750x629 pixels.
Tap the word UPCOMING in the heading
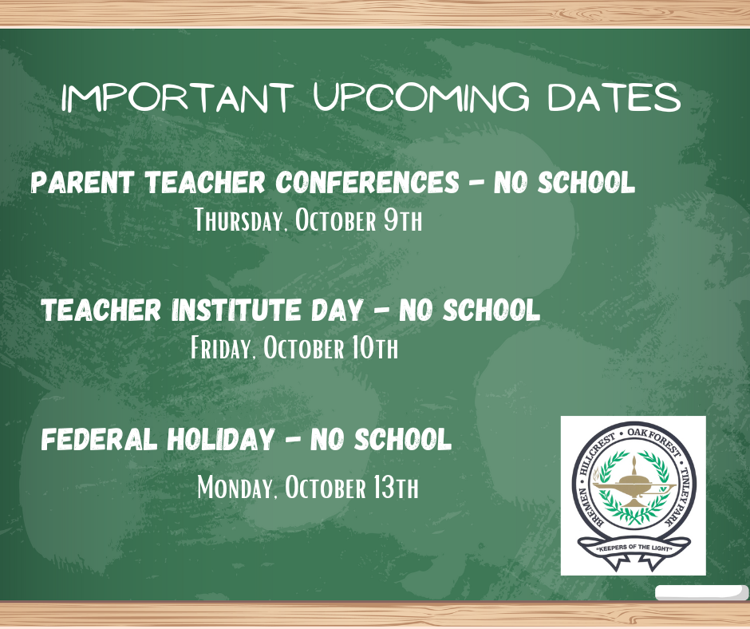click(421, 97)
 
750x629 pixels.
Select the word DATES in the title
click(614, 97)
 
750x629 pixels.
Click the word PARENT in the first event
click(82, 182)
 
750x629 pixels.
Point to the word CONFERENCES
click(367, 182)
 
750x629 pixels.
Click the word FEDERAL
click(100, 439)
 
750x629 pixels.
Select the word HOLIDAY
click(221, 439)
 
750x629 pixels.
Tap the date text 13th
click(396, 487)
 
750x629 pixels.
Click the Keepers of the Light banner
click(634, 551)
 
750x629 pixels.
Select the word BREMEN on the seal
click(590, 508)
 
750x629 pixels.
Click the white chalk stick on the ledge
click(701, 592)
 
